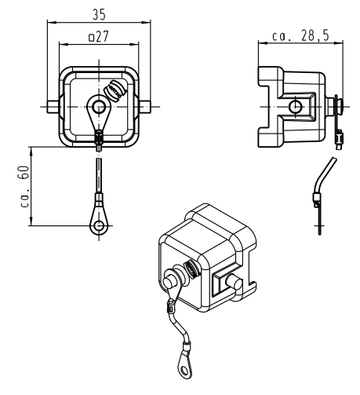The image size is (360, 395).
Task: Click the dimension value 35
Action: (100, 15)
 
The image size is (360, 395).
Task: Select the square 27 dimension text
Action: (99, 37)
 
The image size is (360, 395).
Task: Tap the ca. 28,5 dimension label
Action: (300, 35)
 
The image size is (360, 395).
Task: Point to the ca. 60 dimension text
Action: (24, 186)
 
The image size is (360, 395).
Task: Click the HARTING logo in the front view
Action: (115, 90)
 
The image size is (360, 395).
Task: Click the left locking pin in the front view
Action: (53, 107)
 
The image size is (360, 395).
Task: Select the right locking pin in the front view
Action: (144, 107)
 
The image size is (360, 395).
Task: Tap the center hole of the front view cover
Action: (99, 107)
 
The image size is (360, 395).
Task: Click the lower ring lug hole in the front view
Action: (99, 225)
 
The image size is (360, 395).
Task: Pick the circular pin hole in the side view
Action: (295, 107)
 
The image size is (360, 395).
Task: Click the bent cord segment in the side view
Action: (324, 175)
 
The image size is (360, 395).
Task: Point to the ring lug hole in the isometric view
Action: (185, 370)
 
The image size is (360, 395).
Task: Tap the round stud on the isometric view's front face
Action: (169, 281)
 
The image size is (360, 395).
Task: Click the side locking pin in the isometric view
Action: (235, 282)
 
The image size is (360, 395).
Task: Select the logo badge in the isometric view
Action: (191, 269)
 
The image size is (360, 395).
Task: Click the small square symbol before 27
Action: (91, 38)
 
